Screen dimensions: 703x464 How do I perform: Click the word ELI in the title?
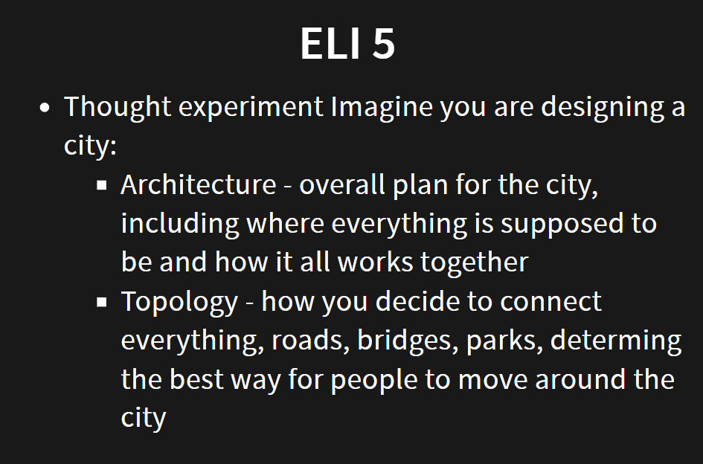pos(330,43)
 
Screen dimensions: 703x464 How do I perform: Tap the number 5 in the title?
pos(384,43)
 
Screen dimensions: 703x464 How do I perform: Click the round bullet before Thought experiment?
pos(45,108)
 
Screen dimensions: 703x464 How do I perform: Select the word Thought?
pos(118,108)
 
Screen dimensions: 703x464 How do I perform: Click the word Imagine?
pos(382,108)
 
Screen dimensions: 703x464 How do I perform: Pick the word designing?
pos(603,108)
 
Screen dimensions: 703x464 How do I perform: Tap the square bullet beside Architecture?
pos(102,185)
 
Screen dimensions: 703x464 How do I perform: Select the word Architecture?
pos(199,184)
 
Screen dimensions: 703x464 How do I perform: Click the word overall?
pos(342,184)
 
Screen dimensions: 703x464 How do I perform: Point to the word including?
pos(180,224)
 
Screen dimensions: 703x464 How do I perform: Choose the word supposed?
pos(562,224)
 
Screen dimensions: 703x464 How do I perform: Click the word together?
pos(475,262)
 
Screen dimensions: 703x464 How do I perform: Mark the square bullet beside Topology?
pos(102,302)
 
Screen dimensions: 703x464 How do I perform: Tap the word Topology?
pos(179,302)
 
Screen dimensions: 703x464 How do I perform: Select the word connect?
pos(550,301)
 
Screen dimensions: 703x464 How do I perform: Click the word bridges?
pos(408,341)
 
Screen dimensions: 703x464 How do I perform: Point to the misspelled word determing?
pos(616,341)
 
